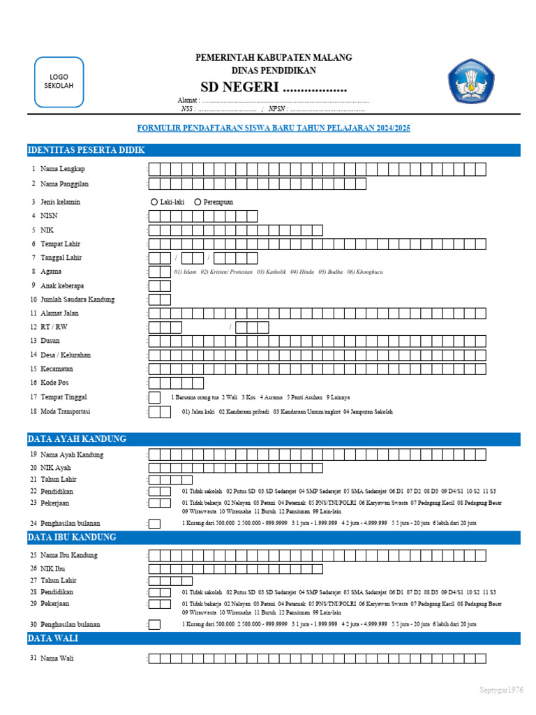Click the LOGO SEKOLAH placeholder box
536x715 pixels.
coord(59,81)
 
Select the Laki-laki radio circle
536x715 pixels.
coord(154,202)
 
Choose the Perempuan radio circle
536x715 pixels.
coord(198,202)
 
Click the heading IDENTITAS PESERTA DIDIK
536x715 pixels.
coord(86,150)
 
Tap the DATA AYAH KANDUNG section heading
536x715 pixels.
coord(77,439)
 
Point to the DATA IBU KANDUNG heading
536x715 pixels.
coord(72,537)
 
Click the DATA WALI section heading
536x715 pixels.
coord(53,638)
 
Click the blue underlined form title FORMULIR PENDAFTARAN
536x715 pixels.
coord(274,128)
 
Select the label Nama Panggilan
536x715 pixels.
coord(64,184)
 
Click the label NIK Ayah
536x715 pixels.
coord(56,468)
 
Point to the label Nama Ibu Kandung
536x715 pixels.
coord(68,555)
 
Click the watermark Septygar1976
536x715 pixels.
coord(501,690)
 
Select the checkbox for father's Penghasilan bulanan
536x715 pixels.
coord(154,524)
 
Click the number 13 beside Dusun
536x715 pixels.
coord(33,341)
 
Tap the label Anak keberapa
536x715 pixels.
coord(61,286)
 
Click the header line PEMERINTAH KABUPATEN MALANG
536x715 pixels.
coord(274,57)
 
